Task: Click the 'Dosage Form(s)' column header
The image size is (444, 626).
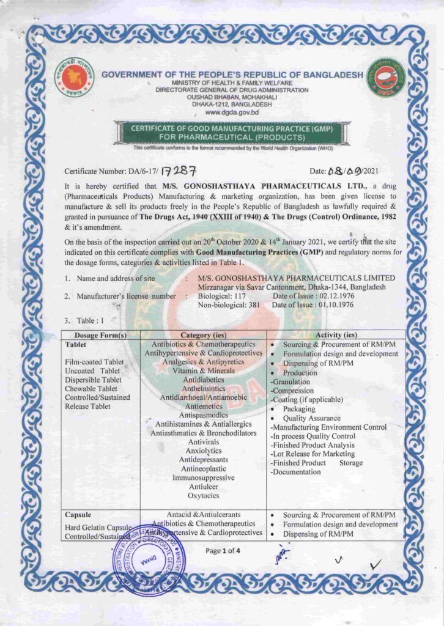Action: [x=100, y=335]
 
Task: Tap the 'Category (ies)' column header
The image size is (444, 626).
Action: [x=203, y=335]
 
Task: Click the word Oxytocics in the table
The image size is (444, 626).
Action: [x=204, y=496]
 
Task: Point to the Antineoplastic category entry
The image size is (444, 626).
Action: [x=204, y=469]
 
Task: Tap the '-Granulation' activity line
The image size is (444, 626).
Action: [x=292, y=381]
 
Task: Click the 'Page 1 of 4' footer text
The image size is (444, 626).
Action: [x=223, y=551]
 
